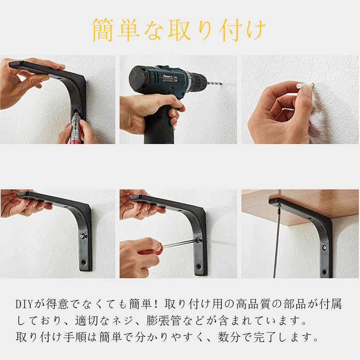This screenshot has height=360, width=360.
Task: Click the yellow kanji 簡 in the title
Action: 103,30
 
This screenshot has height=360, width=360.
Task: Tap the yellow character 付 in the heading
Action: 230,30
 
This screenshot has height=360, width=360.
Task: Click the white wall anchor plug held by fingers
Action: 305,86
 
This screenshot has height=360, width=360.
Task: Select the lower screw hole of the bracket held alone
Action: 84,262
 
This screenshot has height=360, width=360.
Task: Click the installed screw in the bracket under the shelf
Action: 325,248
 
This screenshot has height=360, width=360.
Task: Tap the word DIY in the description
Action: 25,304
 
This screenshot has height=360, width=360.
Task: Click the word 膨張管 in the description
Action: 163,321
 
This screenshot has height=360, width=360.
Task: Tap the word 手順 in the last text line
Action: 75,337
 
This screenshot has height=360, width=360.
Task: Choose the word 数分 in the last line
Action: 229,337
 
